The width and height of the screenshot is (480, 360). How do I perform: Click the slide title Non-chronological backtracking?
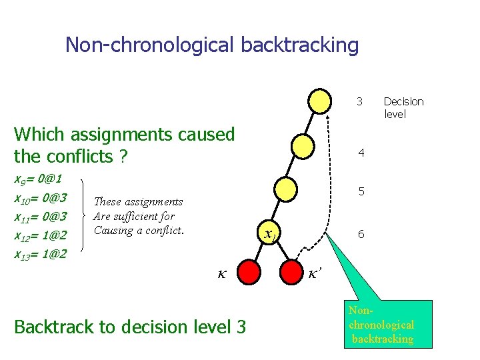pyautogui.click(x=212, y=45)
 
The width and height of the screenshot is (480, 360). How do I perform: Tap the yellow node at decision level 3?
pyautogui.click(x=321, y=101)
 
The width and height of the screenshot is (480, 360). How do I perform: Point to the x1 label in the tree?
pyautogui.click(x=270, y=235)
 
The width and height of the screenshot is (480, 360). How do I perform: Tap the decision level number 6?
pyautogui.click(x=361, y=235)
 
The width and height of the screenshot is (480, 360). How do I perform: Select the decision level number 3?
pyautogui.click(x=359, y=101)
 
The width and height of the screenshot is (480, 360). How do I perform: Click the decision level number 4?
pyautogui.click(x=361, y=153)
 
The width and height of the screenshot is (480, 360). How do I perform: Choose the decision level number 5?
pyautogui.click(x=361, y=191)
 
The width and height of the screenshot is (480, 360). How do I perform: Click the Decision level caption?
pyautogui.click(x=403, y=107)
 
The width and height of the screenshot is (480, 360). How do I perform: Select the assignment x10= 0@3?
pyautogui.click(x=40, y=198)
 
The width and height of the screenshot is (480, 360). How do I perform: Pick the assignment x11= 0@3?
pyautogui.click(x=40, y=217)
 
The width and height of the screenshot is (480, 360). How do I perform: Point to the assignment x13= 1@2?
pyautogui.click(x=40, y=254)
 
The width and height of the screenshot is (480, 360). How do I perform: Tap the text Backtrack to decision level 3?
pyautogui.click(x=129, y=327)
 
